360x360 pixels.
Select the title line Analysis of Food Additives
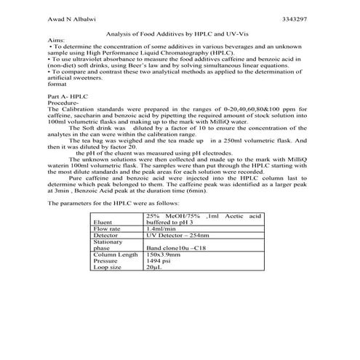(179, 33)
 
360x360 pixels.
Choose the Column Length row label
(116, 255)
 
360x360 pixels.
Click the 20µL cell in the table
(154, 268)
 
